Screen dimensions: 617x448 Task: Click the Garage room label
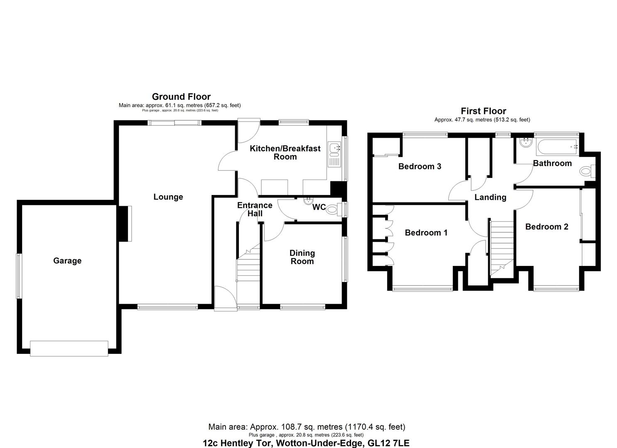tap(67, 261)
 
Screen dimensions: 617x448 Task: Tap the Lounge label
tap(168, 197)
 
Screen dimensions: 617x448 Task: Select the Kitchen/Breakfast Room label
tap(285, 153)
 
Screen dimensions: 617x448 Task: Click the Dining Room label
tap(302, 257)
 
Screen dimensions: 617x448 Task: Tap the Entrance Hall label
tap(255, 209)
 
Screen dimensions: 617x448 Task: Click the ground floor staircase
tap(248, 268)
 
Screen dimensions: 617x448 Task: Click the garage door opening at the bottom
tap(69, 348)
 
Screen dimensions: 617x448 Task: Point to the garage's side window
tap(19, 276)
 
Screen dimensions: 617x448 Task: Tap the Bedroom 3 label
tap(420, 166)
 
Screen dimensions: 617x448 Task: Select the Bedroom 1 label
tap(426, 233)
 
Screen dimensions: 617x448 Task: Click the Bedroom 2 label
tap(546, 226)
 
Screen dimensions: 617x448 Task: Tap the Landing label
tap(490, 197)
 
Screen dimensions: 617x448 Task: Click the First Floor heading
tap(483, 111)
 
